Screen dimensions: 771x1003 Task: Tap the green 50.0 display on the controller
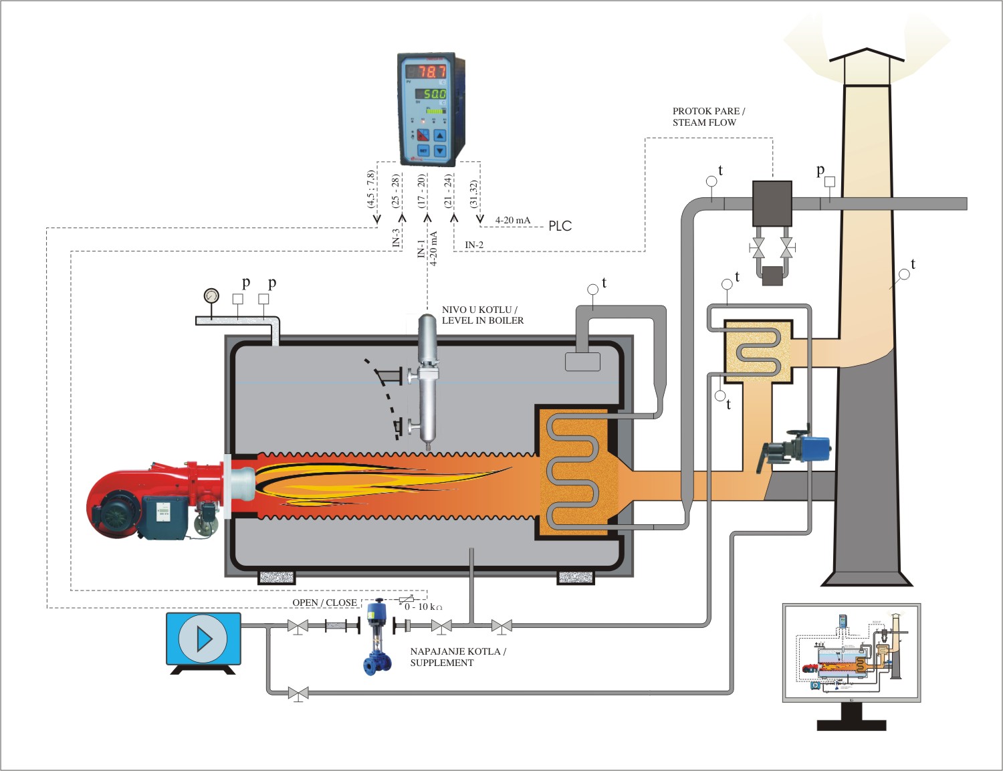(x=434, y=94)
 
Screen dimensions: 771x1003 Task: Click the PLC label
(x=560, y=226)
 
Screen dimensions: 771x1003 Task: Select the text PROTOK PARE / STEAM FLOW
(x=707, y=117)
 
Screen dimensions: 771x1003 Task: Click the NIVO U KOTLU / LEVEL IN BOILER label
(x=482, y=315)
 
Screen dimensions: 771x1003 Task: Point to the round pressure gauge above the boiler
(x=211, y=295)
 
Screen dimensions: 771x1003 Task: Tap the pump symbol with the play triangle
(x=203, y=639)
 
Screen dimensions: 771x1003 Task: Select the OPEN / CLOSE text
(x=324, y=603)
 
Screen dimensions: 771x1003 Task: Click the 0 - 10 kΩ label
(x=423, y=607)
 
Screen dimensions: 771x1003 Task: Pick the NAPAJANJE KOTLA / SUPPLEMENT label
(x=457, y=657)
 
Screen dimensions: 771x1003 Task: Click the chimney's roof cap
(x=867, y=56)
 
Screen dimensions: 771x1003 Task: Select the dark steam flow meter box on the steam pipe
(x=772, y=203)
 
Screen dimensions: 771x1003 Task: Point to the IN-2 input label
(x=474, y=245)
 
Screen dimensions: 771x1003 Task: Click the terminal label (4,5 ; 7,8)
(x=371, y=189)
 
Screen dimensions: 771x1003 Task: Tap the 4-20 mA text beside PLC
(x=512, y=221)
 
